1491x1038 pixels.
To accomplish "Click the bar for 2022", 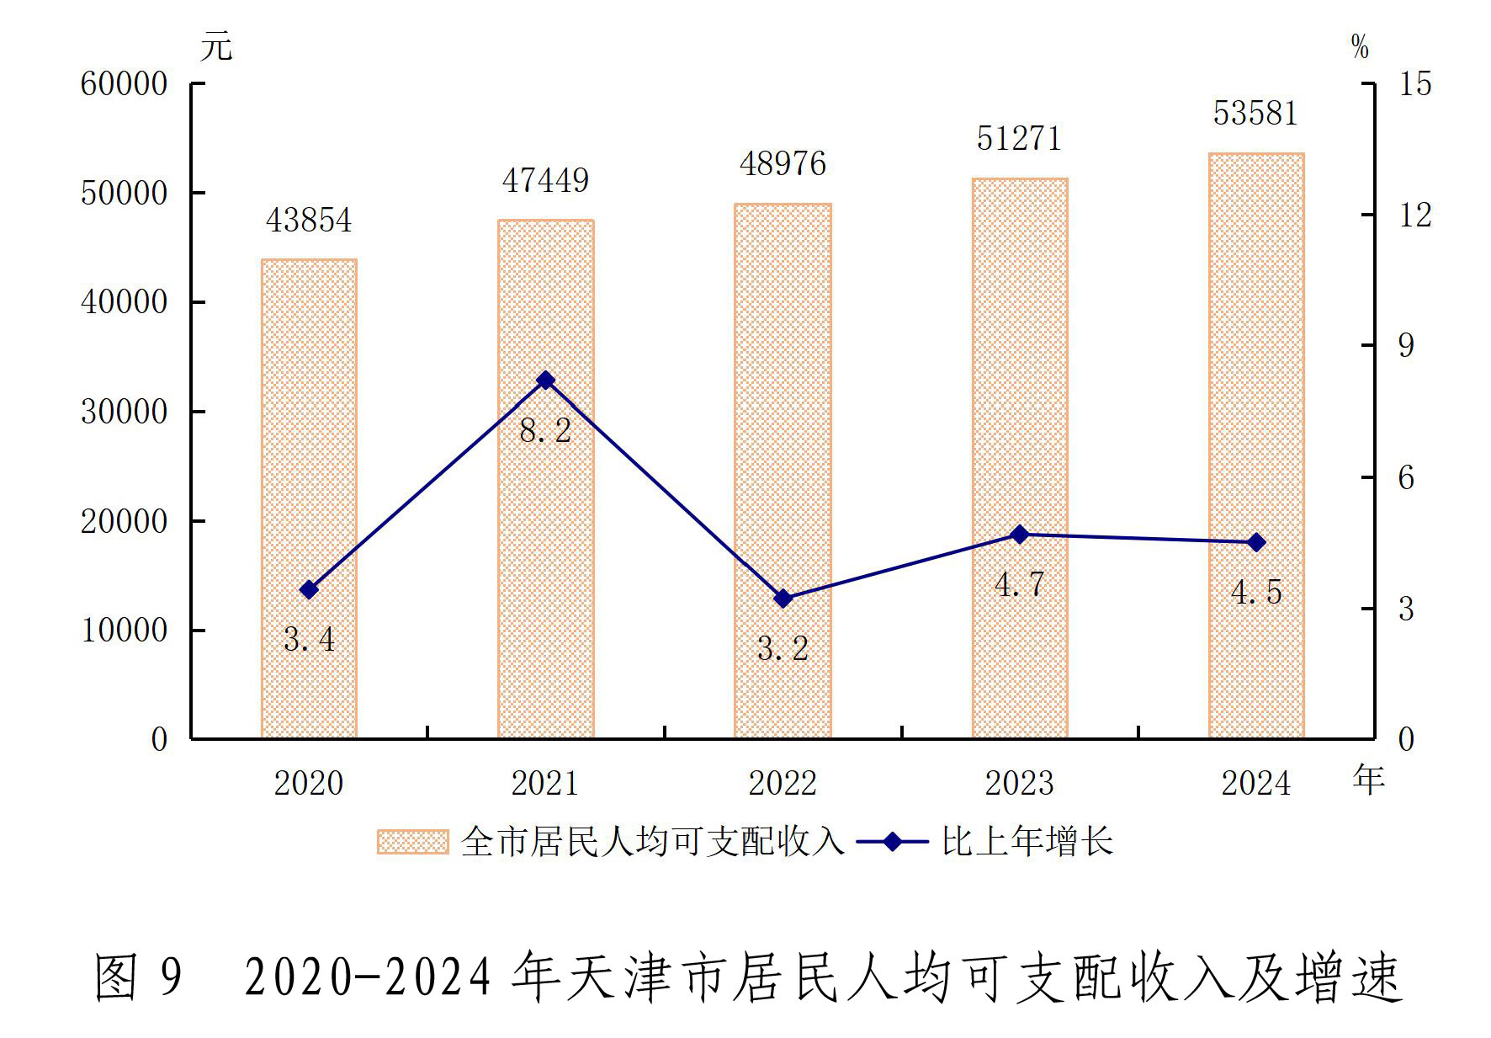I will click(x=783, y=471).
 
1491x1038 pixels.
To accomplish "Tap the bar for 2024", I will click(x=1256, y=445).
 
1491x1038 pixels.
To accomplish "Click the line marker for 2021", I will click(x=546, y=381).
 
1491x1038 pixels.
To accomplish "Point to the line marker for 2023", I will click(x=1020, y=535).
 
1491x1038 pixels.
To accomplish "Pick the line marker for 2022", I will click(x=783, y=599).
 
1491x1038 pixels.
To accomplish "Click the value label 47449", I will click(x=546, y=181).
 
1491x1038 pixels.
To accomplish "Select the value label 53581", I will click(x=1255, y=114).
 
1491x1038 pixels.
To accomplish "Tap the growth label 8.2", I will click(x=545, y=431).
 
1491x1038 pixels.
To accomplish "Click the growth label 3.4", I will click(x=309, y=640).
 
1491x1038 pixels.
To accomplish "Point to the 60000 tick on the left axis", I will click(x=125, y=84).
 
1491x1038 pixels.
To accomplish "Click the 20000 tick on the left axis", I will click(x=125, y=521).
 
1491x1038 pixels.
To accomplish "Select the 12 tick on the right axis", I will click(x=1415, y=216).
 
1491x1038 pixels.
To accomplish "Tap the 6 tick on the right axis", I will click(x=1406, y=478).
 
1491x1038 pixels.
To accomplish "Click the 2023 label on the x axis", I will click(x=1019, y=784).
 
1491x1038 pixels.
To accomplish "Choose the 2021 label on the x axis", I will click(x=545, y=784).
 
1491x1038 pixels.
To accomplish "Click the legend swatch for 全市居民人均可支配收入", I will click(x=412, y=842).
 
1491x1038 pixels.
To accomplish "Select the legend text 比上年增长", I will click(x=1027, y=842).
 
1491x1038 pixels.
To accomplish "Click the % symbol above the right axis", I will click(x=1360, y=46).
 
